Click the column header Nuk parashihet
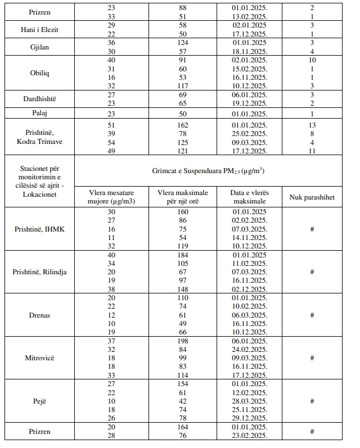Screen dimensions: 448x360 [x=312, y=197]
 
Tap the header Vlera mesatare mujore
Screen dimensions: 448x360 [x=109, y=197]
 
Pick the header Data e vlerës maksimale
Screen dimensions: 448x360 [x=249, y=197]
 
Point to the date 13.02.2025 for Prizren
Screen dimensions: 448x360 [x=249, y=16]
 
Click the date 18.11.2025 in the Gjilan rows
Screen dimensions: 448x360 [x=249, y=51]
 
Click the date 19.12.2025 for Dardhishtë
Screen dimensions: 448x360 [x=249, y=104]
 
